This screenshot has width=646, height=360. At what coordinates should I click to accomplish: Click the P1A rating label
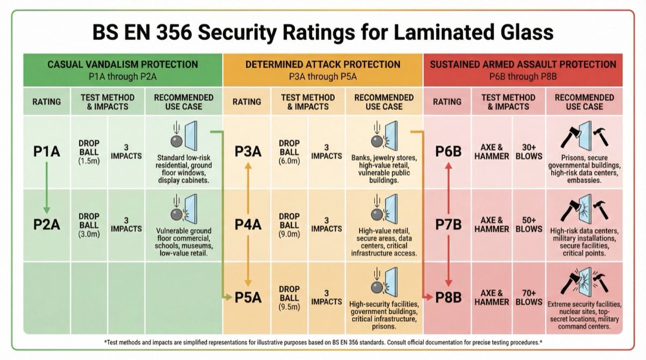pos(46,152)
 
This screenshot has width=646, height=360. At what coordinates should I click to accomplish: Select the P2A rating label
pos(46,224)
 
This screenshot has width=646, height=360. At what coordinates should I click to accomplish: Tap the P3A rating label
pos(248,152)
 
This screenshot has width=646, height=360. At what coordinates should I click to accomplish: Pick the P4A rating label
pos(248,224)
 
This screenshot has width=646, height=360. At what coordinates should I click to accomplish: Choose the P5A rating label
pos(248,297)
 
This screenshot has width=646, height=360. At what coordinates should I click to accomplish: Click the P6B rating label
pos(448,152)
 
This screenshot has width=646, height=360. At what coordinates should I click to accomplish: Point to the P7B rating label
pos(448,224)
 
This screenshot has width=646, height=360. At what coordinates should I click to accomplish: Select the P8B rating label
pos(448,297)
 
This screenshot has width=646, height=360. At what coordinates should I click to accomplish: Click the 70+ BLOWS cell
pos(529,297)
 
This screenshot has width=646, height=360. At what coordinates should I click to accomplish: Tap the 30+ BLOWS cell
pos(529,152)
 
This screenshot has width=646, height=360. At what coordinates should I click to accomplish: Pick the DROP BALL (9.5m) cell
pos(290,297)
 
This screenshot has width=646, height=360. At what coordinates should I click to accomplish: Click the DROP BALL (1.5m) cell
pos(89,152)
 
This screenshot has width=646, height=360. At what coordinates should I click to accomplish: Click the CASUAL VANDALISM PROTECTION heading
pos(123,65)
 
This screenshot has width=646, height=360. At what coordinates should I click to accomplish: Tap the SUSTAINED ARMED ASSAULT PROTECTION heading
pos(530,65)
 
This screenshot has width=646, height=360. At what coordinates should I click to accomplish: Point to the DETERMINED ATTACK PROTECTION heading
pos(323,65)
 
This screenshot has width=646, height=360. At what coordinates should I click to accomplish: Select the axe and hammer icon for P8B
pos(584,280)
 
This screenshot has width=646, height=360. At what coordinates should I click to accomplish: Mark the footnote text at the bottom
pos(323,342)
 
